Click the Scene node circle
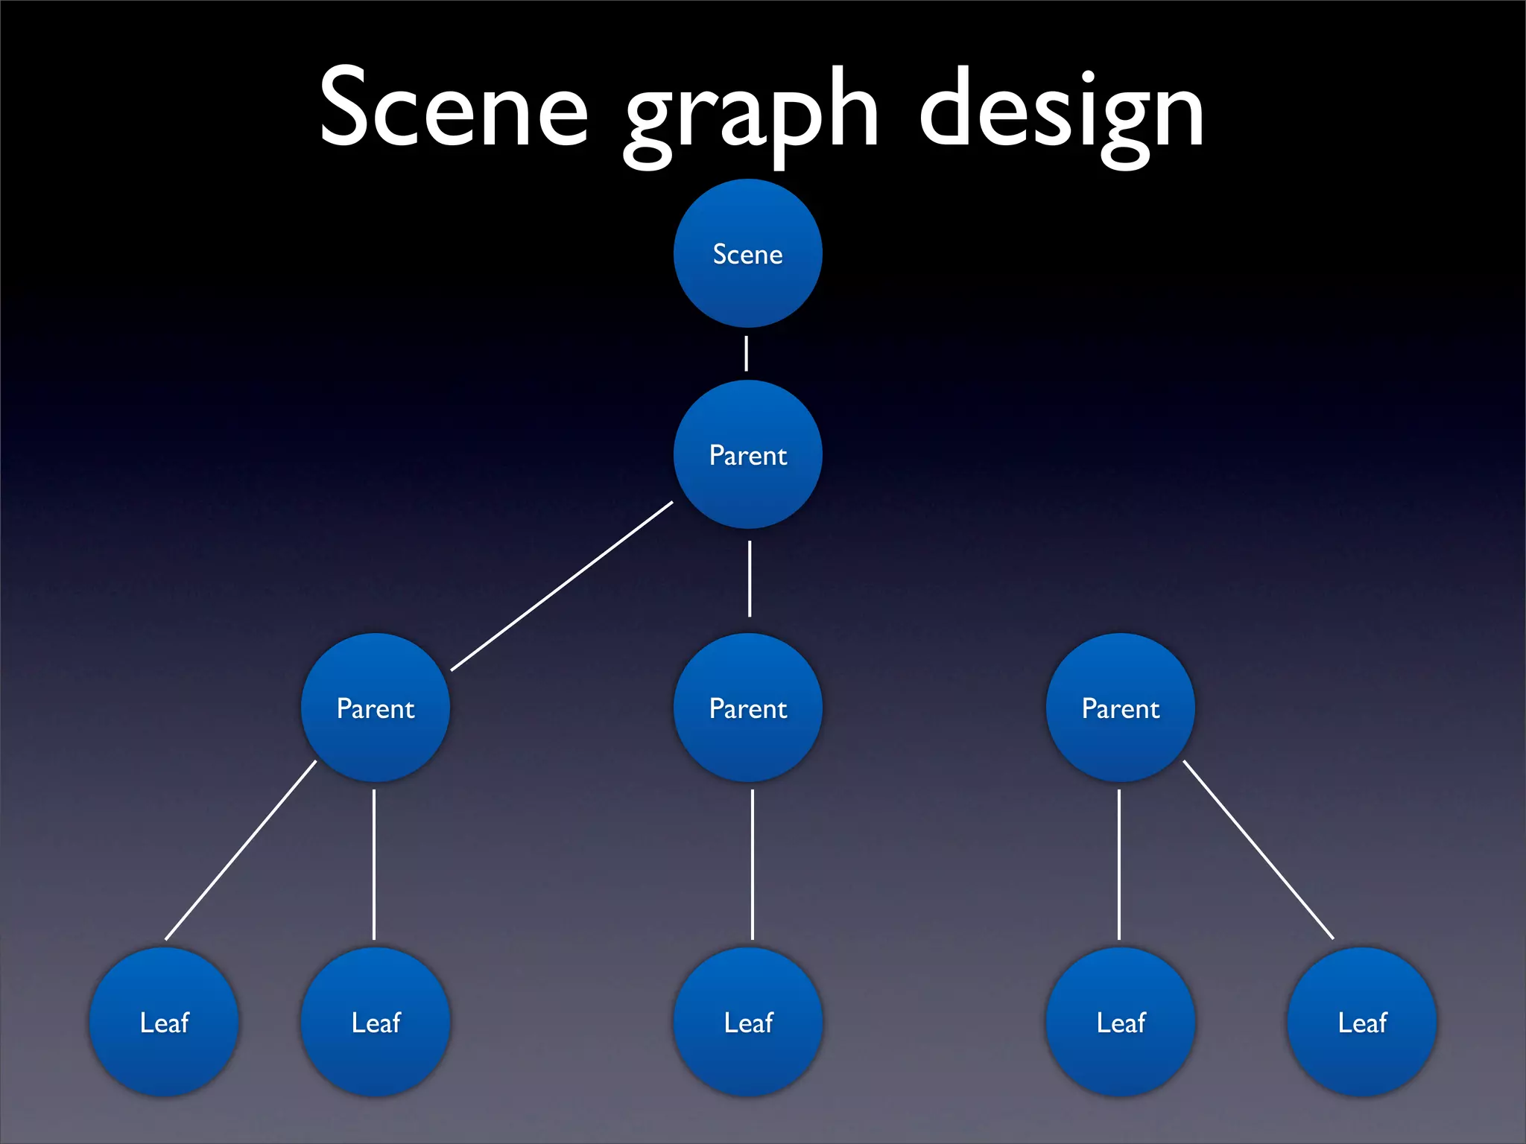point(747,253)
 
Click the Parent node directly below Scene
point(747,454)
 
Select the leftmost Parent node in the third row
point(375,708)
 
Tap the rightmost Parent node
point(1120,708)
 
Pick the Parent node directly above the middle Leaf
point(747,708)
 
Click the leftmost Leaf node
point(164,1022)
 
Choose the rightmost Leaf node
point(1361,1022)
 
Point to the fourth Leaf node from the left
point(1120,1022)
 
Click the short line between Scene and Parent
point(746,353)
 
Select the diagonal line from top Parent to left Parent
point(562,586)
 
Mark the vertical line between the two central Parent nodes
point(750,579)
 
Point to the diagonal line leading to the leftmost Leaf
point(241,850)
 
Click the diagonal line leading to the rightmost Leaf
point(1258,849)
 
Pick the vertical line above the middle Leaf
point(753,864)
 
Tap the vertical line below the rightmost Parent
point(1119,864)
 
